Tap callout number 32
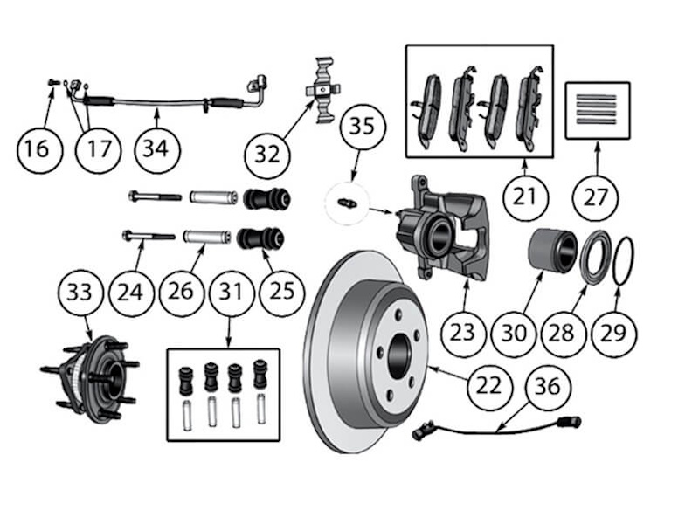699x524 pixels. (267, 155)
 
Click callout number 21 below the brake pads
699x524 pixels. (523, 196)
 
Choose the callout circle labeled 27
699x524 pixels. (596, 197)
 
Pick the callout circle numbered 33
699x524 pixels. (80, 293)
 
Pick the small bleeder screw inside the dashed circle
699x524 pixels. (347, 203)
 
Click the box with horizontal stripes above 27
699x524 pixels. (598, 110)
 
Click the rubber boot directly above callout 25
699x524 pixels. (262, 238)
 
